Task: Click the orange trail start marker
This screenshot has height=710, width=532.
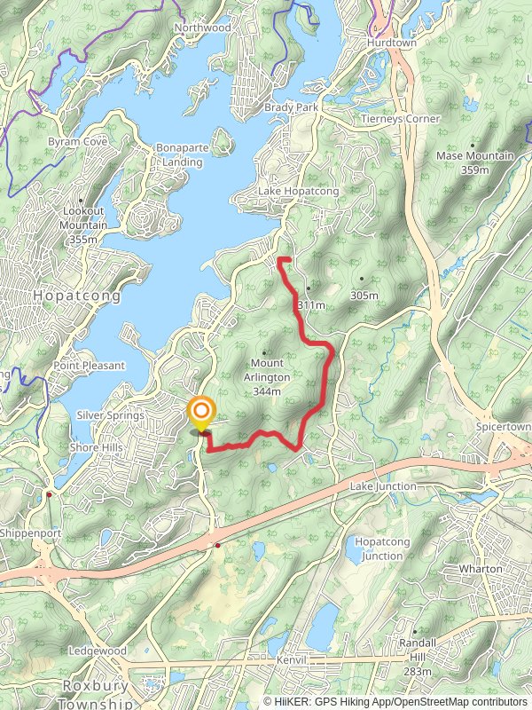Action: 202,412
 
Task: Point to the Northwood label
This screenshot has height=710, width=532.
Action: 203,28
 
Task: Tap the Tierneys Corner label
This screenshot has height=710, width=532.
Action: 400,119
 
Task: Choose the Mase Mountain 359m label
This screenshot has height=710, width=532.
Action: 474,162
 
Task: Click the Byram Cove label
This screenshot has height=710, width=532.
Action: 79,141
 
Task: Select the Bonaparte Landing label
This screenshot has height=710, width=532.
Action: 181,154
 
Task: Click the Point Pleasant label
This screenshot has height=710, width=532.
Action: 90,366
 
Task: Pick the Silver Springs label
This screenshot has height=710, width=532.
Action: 110,415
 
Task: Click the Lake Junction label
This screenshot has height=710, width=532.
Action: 383,486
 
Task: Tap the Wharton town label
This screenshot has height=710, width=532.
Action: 481,569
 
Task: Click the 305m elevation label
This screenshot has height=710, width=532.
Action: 364,295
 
